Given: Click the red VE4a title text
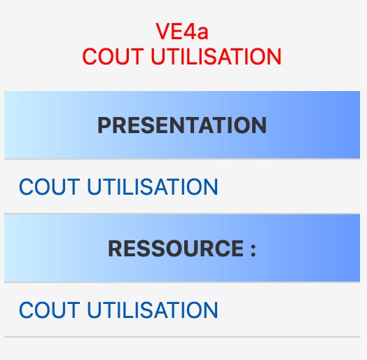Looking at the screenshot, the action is pyautogui.click(x=182, y=32).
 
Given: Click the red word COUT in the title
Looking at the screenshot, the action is pyautogui.click(x=113, y=56).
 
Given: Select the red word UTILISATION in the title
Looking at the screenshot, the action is pyautogui.click(x=216, y=56).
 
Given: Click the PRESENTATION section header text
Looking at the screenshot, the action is pyautogui.click(x=182, y=125).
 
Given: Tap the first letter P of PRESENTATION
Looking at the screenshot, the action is pyautogui.click(x=104, y=125).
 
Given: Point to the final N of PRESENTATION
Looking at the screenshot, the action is pyautogui.click(x=259, y=125).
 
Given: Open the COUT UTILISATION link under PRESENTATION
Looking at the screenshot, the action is pyautogui.click(x=118, y=186).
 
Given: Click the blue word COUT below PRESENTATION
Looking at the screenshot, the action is pyautogui.click(x=50, y=186).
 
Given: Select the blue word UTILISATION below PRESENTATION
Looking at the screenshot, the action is pyautogui.click(x=153, y=186).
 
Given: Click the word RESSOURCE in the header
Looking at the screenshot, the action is pyautogui.click(x=176, y=249).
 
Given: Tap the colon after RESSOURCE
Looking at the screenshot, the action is pyautogui.click(x=253, y=251).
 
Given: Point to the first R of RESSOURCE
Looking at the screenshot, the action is pyautogui.click(x=115, y=249).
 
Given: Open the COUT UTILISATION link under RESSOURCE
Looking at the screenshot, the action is pyautogui.click(x=118, y=310).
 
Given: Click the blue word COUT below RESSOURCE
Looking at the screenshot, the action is pyautogui.click(x=50, y=310).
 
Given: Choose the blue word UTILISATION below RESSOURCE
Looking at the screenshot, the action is pyautogui.click(x=153, y=310).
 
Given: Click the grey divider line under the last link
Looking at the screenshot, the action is pyautogui.click(x=182, y=337).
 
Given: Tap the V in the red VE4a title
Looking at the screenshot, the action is pyautogui.click(x=162, y=32).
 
